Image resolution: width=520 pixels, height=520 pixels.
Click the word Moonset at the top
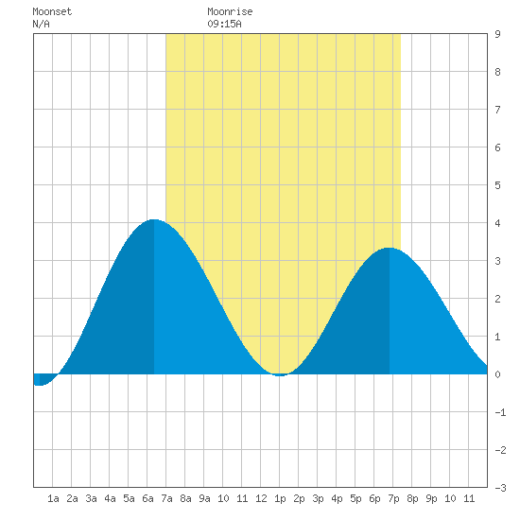pyautogui.click(x=52, y=11)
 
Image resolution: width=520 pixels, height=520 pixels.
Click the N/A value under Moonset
pyautogui.click(x=41, y=24)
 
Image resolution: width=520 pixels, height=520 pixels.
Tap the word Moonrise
pyautogui.click(x=230, y=11)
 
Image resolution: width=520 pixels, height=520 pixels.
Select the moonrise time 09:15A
pyautogui.click(x=224, y=24)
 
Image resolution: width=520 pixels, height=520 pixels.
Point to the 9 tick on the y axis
pyautogui.click(x=497, y=34)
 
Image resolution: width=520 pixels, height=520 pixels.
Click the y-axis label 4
pyautogui.click(x=497, y=223)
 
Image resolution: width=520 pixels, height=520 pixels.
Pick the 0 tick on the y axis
pyautogui.click(x=497, y=374)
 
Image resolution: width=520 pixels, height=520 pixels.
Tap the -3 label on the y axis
pyautogui.click(x=500, y=488)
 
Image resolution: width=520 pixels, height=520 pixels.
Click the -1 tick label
pyautogui.click(x=500, y=412)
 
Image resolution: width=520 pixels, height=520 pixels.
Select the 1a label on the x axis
pyautogui.click(x=53, y=498)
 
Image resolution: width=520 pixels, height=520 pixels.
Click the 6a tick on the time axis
pyautogui.click(x=147, y=498)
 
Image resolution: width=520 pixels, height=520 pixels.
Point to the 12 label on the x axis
pyautogui.click(x=261, y=498)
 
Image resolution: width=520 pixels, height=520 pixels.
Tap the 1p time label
pyautogui.click(x=280, y=498)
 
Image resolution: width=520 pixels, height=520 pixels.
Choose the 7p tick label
pyautogui.click(x=393, y=498)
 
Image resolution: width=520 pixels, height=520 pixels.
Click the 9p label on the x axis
pyautogui.click(x=431, y=498)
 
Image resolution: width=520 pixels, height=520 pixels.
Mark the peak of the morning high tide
pyautogui.click(x=154, y=219)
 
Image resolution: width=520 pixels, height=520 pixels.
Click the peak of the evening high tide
pyautogui.click(x=390, y=248)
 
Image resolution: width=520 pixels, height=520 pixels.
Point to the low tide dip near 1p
pyautogui.click(x=280, y=375)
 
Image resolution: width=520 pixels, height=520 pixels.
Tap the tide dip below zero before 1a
pyautogui.click(x=39, y=385)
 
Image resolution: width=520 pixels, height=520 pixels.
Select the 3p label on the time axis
pyautogui.click(x=318, y=498)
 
